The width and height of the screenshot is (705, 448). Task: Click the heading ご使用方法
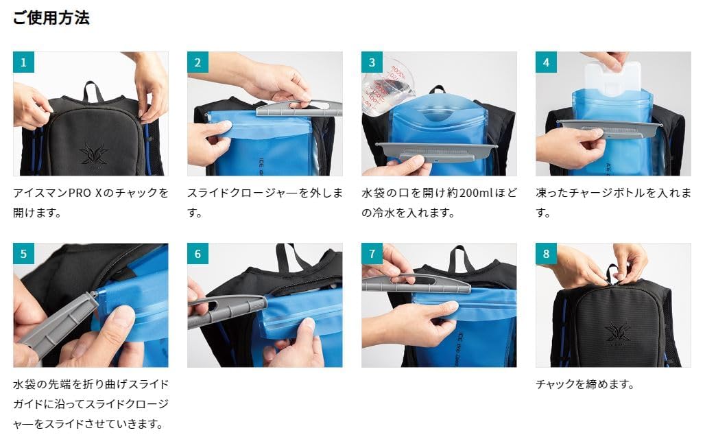(51, 18)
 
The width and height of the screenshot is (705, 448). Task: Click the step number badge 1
(23, 62)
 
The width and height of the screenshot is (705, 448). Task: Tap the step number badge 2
(198, 62)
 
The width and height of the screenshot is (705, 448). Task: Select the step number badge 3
(372, 62)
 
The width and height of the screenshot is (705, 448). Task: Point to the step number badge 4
(546, 62)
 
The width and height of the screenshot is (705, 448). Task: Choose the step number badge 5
(23, 254)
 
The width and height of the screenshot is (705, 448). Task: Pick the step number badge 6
(198, 254)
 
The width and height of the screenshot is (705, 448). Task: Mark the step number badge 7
(372, 254)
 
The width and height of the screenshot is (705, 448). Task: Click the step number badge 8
(546, 254)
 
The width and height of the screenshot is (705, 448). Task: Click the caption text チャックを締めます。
(585, 385)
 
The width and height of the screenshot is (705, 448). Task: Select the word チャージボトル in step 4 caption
(621, 193)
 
